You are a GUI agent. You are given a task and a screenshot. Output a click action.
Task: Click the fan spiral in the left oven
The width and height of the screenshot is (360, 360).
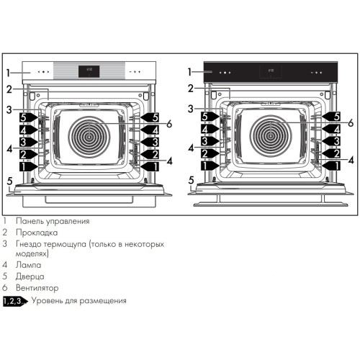(91, 136)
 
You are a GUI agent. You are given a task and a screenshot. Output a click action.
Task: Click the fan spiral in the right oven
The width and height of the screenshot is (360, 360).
(271, 136)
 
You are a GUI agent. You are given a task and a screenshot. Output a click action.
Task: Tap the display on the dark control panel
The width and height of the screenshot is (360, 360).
(271, 71)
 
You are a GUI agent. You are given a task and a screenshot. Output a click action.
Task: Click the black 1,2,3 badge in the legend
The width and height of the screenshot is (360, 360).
(15, 301)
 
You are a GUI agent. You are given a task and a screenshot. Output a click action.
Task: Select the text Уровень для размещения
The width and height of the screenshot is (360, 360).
(81, 301)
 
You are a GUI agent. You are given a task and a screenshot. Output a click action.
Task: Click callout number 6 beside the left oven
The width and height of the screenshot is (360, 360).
(170, 124)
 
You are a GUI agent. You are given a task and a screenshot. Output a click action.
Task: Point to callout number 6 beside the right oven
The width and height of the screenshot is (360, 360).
(351, 124)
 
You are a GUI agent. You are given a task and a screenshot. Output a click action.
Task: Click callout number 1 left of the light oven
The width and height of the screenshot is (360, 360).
(8, 72)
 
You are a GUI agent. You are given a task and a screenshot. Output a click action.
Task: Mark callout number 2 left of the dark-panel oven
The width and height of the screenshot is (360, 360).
(191, 89)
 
